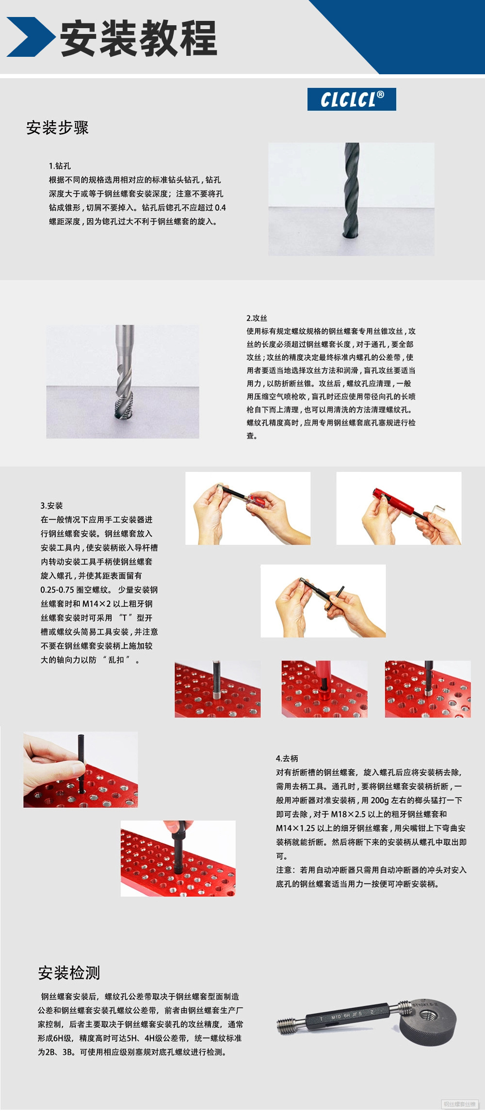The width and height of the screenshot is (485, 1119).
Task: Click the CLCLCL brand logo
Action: (352, 100)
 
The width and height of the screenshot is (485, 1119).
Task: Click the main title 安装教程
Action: (139, 38)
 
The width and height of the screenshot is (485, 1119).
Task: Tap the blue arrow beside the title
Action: (30, 37)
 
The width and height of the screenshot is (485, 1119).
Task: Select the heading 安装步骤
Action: (57, 128)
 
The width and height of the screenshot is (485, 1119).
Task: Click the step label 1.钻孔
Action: (60, 166)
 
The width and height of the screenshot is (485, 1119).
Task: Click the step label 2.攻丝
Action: (257, 318)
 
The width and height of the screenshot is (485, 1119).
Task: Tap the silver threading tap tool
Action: (124, 374)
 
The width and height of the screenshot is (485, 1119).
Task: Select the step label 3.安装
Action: (51, 505)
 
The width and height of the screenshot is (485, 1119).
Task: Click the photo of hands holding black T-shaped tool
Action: (323, 601)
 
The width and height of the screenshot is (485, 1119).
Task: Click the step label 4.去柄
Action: (287, 758)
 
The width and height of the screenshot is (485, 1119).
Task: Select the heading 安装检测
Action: (69, 972)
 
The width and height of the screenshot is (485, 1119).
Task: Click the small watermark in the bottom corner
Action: (459, 1104)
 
